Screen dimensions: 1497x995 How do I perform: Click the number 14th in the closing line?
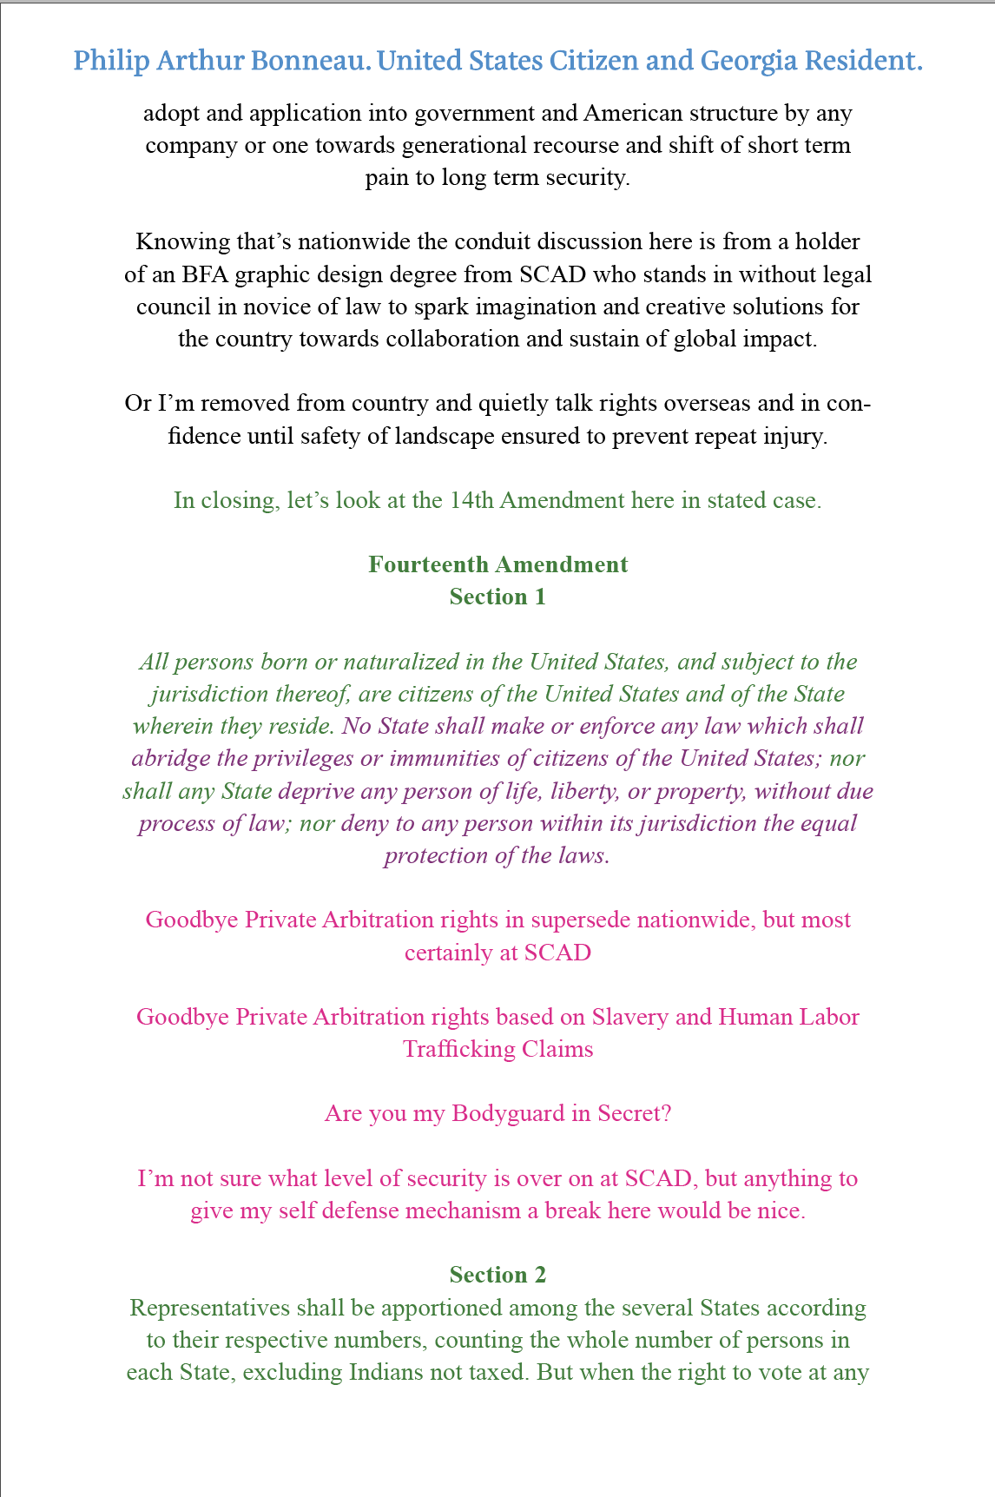[472, 501]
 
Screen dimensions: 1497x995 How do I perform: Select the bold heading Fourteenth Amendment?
[497, 565]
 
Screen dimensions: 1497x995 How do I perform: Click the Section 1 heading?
[497, 597]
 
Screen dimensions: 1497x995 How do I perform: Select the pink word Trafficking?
[459, 1049]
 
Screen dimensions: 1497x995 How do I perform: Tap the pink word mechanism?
[461, 1210]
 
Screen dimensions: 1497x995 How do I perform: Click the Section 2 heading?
[497, 1276]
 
